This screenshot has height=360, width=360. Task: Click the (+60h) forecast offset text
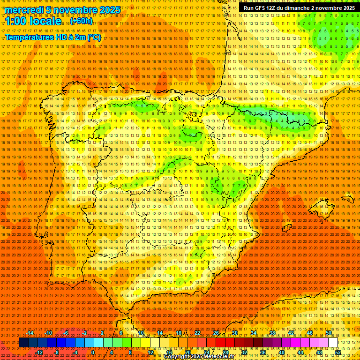coord(82,21)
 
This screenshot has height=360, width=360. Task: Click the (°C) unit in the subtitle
coord(94,37)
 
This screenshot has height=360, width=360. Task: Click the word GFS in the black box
coord(259,8)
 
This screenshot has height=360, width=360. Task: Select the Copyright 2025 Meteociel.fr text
coord(199,357)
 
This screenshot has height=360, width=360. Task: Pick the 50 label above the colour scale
coord(329,333)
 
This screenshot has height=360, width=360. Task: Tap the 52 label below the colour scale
coord(337,352)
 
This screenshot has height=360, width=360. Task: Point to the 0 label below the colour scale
coord(93,352)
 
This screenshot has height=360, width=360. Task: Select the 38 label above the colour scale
coord(272,333)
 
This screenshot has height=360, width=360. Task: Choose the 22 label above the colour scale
coord(197,333)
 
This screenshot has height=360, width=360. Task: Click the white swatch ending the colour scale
coord(333,343)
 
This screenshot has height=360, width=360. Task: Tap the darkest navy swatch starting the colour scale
coord(23,343)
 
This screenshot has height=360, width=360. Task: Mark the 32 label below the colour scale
coord(244,352)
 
